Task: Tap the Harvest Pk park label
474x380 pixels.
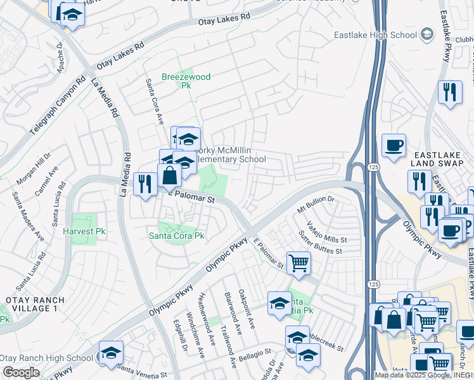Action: [84, 232]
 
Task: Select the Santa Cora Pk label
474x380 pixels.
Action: [176, 236]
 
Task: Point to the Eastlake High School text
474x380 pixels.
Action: [376, 35]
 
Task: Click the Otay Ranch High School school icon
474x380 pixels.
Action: [110, 352]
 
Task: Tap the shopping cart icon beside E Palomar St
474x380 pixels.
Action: [298, 262]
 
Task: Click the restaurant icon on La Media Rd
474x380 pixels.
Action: [146, 184]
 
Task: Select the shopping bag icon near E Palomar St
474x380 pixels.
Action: [170, 175]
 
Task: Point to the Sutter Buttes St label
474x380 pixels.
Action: [321, 248]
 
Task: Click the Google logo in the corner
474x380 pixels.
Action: [21, 372]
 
